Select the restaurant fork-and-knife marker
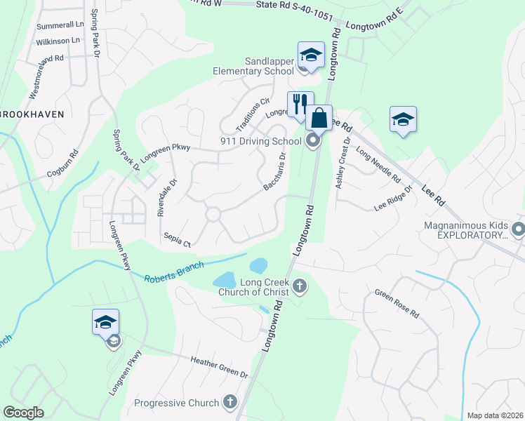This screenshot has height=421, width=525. [300, 104]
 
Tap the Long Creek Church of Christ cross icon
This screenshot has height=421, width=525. [300, 285]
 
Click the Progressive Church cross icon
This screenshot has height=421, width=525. [230, 402]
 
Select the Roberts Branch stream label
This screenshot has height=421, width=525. [174, 272]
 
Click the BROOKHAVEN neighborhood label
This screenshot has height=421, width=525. [32, 114]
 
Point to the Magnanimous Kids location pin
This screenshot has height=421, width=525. [518, 229]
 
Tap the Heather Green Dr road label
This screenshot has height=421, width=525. [220, 366]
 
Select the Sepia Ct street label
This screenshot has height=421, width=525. [177, 239]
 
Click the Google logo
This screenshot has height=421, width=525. [22, 413]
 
